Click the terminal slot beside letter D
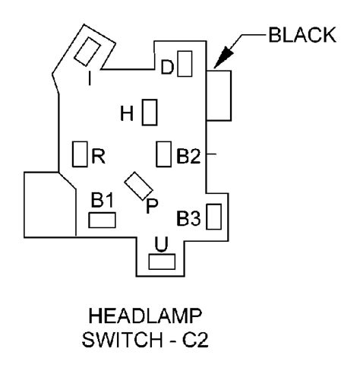[185, 64]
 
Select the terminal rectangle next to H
[150, 113]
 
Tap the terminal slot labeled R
[80, 154]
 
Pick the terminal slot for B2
[163, 154]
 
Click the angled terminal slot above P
[139, 185]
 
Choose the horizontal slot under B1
[102, 220]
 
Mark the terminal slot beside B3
[214, 217]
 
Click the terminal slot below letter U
[162, 262]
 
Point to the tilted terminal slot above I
[87, 52]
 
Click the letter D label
[167, 67]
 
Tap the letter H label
[127, 113]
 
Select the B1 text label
[103, 200]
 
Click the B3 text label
[188, 218]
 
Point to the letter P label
[152, 206]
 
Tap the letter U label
[161, 245]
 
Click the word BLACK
[302, 35]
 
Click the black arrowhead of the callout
[223, 58]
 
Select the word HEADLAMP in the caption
[145, 316]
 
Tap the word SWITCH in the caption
[122, 340]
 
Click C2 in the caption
[195, 340]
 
